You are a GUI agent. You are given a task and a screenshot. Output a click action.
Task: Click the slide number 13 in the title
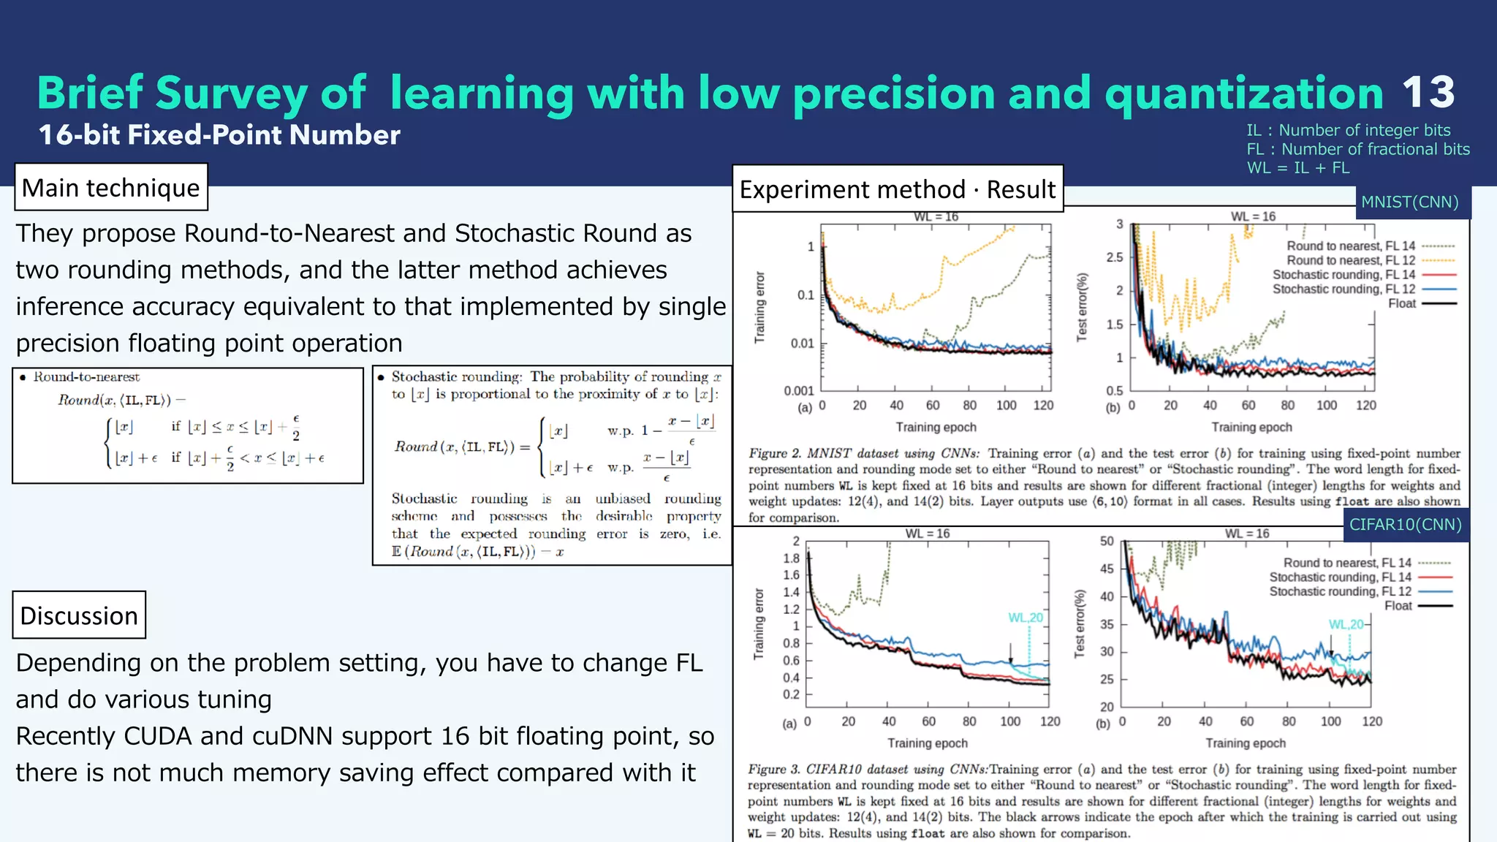point(1428,93)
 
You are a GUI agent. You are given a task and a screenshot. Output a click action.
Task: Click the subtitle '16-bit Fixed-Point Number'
point(219,135)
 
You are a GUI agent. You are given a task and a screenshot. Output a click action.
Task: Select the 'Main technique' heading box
point(111,188)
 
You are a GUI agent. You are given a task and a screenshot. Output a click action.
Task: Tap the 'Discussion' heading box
point(79,615)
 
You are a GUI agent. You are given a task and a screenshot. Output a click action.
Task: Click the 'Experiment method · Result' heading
point(897,189)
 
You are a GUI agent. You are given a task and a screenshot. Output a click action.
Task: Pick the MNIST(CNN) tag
point(1409,202)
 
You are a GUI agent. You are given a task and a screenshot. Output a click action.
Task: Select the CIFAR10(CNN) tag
point(1405,525)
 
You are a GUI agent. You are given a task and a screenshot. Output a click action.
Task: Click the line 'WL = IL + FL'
point(1297,168)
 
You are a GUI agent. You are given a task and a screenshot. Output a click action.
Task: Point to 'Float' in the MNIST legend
point(1401,304)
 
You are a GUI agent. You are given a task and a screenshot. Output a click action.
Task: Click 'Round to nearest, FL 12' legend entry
point(1350,261)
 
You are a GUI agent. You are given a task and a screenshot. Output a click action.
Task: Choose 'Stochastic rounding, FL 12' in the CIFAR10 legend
point(1340,592)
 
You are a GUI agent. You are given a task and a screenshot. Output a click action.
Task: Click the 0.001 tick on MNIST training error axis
point(799,391)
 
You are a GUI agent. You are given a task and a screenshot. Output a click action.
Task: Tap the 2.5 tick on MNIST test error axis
point(1114,257)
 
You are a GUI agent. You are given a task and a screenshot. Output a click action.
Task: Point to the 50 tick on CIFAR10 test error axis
point(1107,542)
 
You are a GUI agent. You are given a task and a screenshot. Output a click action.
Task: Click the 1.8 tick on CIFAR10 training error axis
point(791,558)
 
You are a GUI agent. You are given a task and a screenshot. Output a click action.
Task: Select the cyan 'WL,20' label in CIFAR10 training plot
point(1026,618)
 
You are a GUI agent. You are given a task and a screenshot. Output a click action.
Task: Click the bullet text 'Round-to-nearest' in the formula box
point(86,377)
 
